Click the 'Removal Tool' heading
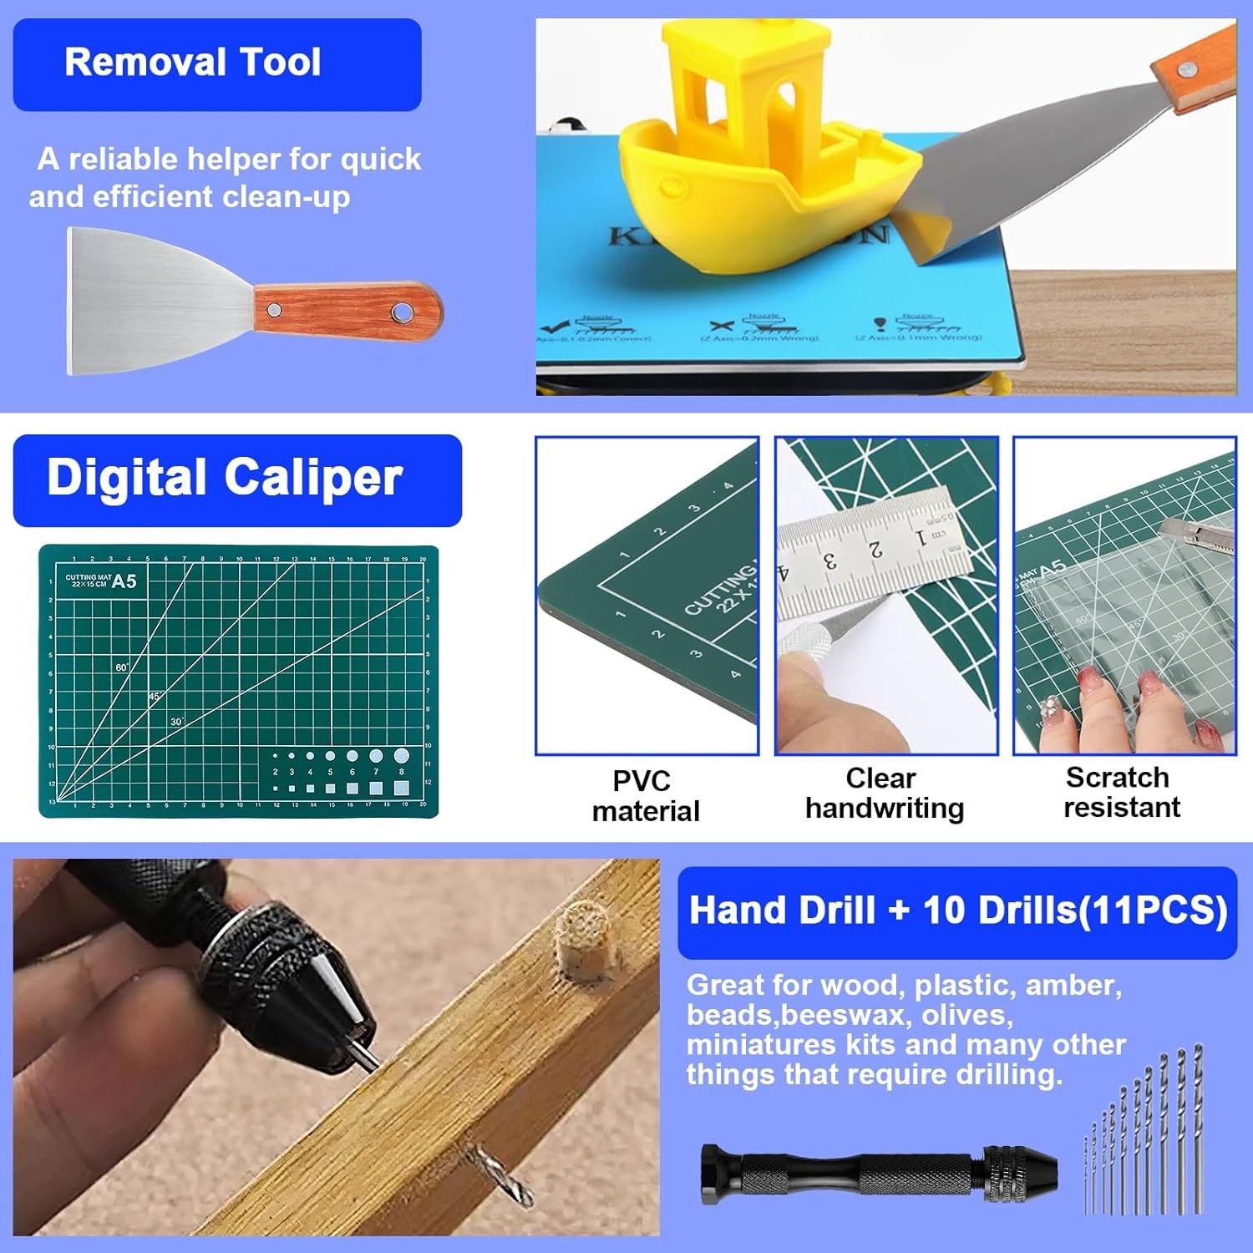(x=193, y=63)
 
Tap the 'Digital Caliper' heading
(x=225, y=478)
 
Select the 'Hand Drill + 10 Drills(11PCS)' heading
(x=957, y=911)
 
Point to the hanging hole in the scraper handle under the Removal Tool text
(x=402, y=312)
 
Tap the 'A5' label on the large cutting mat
(x=124, y=581)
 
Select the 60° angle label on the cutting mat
(x=122, y=667)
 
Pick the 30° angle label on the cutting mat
(x=176, y=721)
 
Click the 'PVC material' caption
(x=644, y=796)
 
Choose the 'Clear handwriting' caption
(x=884, y=794)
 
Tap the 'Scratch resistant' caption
(x=1120, y=793)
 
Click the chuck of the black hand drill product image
(x=1021, y=1174)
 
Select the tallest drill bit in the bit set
(x=1199, y=1128)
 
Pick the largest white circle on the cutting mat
(x=401, y=756)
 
